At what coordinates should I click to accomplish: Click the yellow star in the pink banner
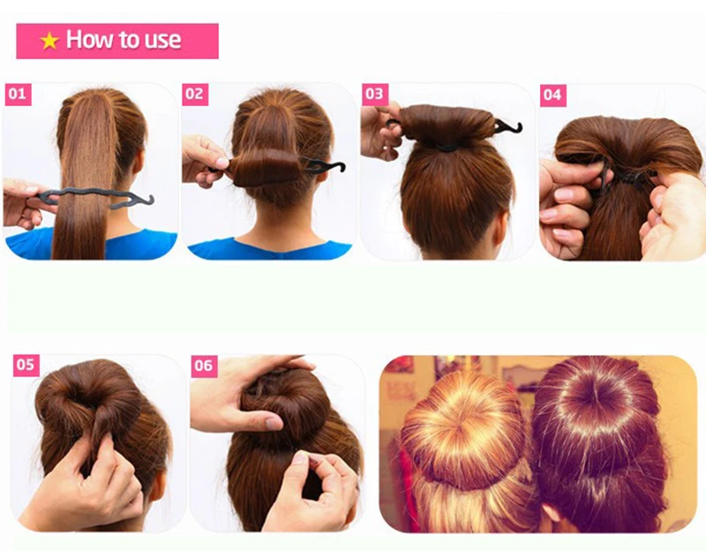click(x=49, y=41)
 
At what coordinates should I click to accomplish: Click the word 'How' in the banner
click(x=86, y=40)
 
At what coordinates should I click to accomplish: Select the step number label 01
click(x=19, y=94)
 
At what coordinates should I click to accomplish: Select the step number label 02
click(x=195, y=94)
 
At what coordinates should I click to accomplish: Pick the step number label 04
click(x=552, y=94)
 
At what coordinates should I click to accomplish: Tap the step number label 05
click(x=26, y=364)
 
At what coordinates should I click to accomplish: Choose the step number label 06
click(x=204, y=365)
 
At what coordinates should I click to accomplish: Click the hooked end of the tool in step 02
click(x=334, y=165)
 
